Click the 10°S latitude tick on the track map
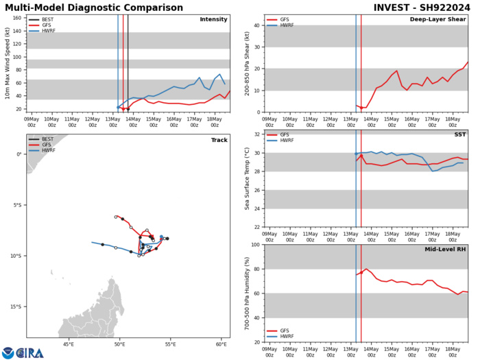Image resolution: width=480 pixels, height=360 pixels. pyautogui.click(x=16, y=256)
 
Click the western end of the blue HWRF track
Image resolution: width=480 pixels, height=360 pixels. pyautogui.click(x=92, y=242)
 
